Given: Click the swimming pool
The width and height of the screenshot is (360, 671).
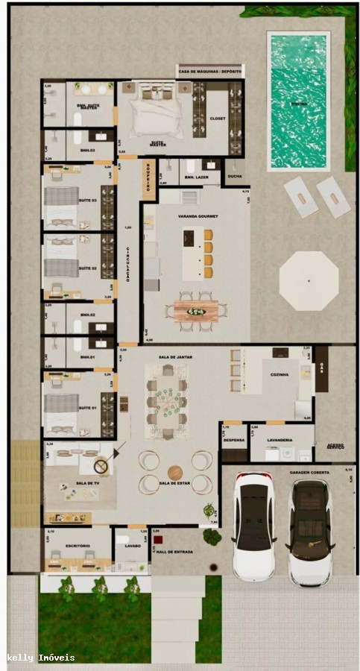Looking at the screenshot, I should [298, 101].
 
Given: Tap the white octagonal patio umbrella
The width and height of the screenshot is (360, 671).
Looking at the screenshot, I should [309, 280].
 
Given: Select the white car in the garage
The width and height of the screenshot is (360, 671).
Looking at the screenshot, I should [253, 526].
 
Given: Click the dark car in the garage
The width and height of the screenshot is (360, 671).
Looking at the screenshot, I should [310, 532].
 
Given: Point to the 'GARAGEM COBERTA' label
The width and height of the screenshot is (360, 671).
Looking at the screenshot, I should [310, 473].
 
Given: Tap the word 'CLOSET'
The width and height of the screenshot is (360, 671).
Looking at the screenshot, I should [218, 119].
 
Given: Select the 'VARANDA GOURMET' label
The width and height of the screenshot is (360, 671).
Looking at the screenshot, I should [196, 216].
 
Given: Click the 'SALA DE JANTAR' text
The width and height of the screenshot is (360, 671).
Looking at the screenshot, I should [175, 358].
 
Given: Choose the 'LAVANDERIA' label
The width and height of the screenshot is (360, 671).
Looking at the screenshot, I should [280, 440].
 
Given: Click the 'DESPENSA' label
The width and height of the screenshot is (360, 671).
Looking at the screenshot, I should [234, 440].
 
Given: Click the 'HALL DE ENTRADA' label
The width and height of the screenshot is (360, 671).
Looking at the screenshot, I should [173, 546].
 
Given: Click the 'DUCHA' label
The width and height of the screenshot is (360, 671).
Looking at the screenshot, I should [234, 176].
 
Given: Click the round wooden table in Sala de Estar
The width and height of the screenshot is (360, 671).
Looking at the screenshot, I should [175, 473].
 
